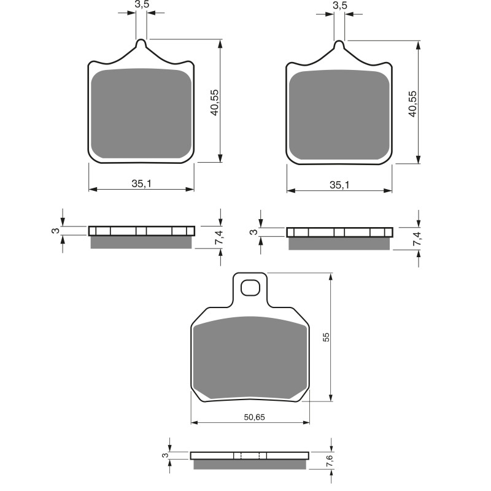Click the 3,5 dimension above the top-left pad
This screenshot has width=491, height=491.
click(141, 5)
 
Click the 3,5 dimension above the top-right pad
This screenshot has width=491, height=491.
click(339, 5)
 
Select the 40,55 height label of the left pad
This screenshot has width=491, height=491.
click(214, 101)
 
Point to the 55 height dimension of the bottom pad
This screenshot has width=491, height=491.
click(326, 337)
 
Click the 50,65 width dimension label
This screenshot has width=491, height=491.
click(254, 417)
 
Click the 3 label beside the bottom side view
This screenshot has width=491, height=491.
click(164, 455)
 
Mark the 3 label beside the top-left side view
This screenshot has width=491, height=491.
click(55, 231)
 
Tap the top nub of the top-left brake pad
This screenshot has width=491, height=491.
click(141, 44)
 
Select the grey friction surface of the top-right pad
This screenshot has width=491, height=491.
click(339, 115)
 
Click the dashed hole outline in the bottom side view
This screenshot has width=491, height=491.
click(250, 455)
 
